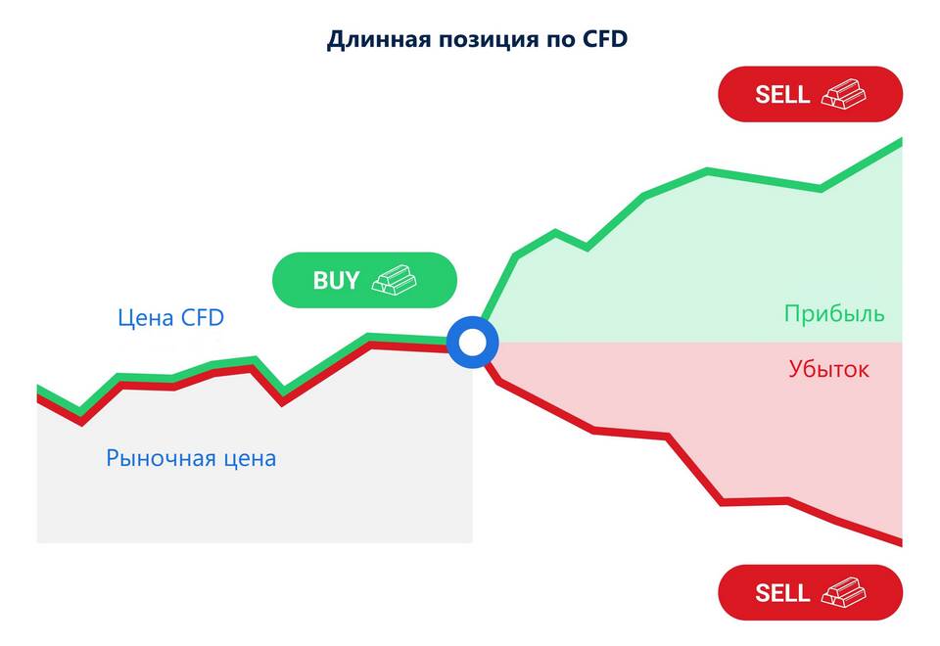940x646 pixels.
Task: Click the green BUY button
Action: click(364, 280)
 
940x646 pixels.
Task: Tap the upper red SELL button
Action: click(810, 94)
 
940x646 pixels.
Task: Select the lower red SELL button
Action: click(810, 593)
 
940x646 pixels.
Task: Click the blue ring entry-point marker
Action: click(472, 343)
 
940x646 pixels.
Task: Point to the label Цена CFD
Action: click(170, 317)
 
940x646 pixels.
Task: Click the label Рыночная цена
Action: click(191, 458)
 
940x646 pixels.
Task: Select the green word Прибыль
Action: click(834, 313)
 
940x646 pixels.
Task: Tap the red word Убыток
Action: click(828, 369)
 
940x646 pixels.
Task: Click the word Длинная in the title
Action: click(379, 40)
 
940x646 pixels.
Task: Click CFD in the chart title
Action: click(605, 39)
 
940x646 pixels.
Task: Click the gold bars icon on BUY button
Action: click(394, 280)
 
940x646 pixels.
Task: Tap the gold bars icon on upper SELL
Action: click(843, 94)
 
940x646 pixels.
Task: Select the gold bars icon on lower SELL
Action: click(843, 593)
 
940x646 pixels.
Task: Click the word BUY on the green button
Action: click(336, 281)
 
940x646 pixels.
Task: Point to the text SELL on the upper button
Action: click(782, 95)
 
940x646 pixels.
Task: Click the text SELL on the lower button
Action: click(782, 593)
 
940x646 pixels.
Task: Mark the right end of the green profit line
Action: click(901, 141)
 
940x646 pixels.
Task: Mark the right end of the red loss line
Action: click(901, 543)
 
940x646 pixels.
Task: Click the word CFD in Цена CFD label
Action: click(203, 317)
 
